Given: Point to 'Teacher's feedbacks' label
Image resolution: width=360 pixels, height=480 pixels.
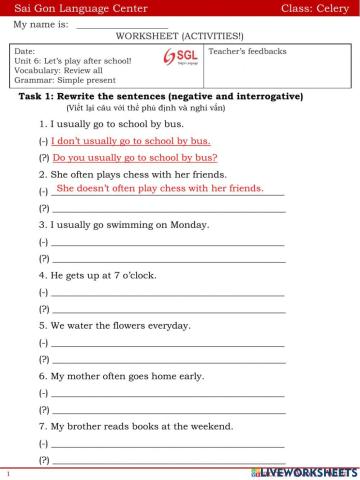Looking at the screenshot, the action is point(246,50).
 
